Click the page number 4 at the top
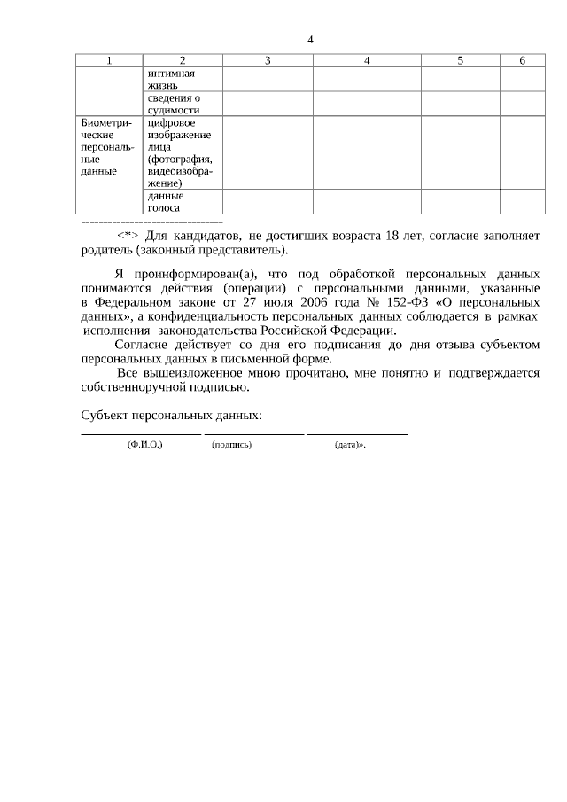pyautogui.click(x=310, y=39)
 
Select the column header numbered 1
pyautogui.click(x=109, y=60)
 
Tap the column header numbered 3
pyautogui.click(x=267, y=60)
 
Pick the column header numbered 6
pyautogui.click(x=523, y=60)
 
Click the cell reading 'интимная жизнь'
pyautogui.click(x=170, y=79)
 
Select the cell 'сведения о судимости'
pyautogui.click(x=174, y=104)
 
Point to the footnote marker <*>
pyautogui.click(x=128, y=236)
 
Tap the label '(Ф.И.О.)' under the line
pyautogui.click(x=144, y=445)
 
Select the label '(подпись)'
pyautogui.click(x=232, y=445)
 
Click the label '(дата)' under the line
pyautogui.click(x=347, y=445)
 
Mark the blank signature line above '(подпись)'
pyautogui.click(x=253, y=434)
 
